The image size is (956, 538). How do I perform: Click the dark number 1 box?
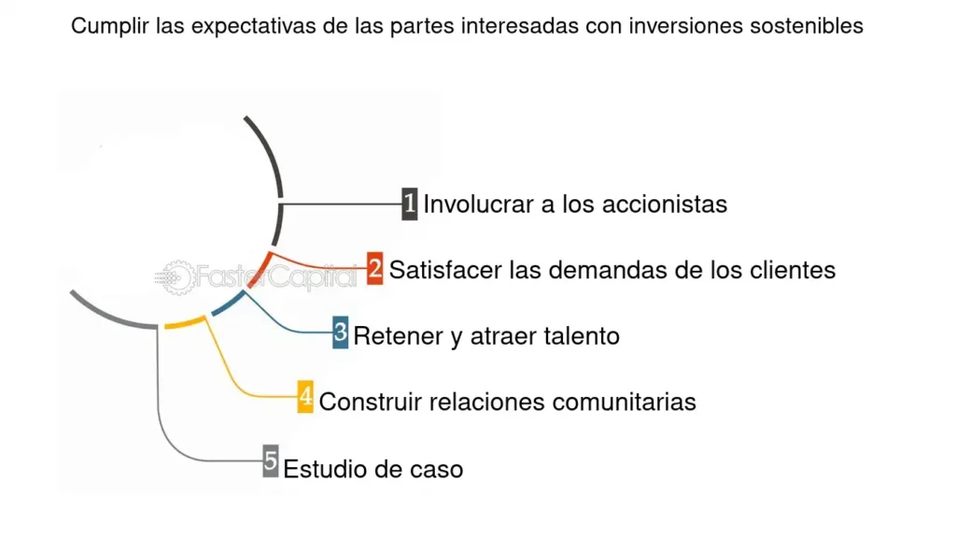coord(410,204)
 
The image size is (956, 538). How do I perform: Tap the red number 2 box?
coord(375,268)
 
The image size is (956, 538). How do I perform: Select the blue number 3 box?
coord(340,333)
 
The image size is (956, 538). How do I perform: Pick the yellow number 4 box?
coord(305,396)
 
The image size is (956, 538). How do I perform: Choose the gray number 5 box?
coord(271,460)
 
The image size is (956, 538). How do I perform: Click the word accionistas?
coord(665,205)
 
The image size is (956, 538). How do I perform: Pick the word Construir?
coord(372,402)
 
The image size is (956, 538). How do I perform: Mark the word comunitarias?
coord(625,402)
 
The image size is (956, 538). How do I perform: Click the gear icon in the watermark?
coord(177,278)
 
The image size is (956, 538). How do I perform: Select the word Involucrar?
coord(479,205)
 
